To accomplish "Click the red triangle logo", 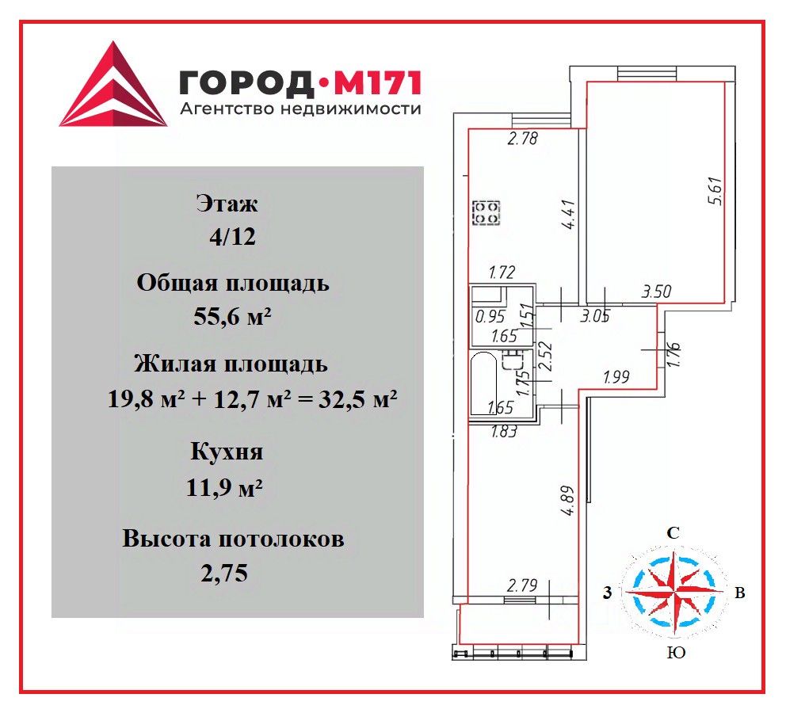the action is [113, 87].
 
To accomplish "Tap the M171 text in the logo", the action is [379, 82].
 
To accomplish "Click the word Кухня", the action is [226, 453].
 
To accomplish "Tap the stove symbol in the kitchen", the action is [486, 212].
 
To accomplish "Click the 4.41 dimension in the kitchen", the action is [567, 215].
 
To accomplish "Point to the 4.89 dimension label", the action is [568, 501].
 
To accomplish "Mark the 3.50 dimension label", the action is [657, 292].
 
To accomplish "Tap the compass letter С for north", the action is [673, 533].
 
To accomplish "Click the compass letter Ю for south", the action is [676, 653].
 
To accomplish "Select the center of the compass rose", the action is [673, 591].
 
